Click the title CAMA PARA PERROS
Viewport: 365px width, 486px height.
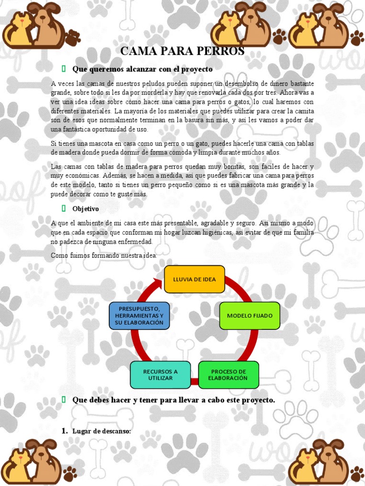[x=182, y=51]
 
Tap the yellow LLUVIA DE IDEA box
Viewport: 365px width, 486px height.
[x=194, y=279]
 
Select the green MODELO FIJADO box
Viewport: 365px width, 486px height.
[x=250, y=316]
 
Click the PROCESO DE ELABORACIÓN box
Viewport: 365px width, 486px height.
[x=228, y=374]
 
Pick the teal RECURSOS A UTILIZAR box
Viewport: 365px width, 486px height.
[x=160, y=374]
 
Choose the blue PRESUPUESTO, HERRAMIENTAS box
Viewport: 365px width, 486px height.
[x=139, y=316]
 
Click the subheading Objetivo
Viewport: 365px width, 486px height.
[x=86, y=208]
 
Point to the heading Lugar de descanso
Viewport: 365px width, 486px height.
[x=101, y=431]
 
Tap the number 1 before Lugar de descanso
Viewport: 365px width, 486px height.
[x=64, y=431]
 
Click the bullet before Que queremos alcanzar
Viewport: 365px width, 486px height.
[x=63, y=69]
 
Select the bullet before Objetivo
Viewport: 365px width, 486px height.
[x=63, y=208]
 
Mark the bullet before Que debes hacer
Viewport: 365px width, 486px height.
[x=63, y=400]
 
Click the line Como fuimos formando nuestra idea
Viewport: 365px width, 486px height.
[x=104, y=256]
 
